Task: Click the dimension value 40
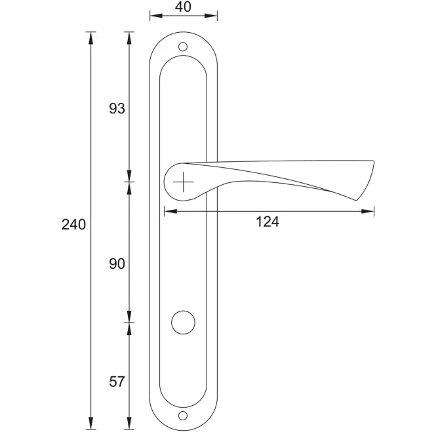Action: (x=183, y=7)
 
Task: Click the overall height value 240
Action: (x=73, y=224)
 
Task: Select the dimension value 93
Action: (x=117, y=108)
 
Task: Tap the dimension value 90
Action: (x=117, y=264)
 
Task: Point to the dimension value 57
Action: (x=117, y=382)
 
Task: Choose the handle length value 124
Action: (x=268, y=222)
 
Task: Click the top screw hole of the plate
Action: (x=183, y=47)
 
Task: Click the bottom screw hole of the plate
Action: (x=183, y=416)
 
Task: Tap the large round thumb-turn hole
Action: (x=183, y=323)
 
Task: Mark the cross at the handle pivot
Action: (x=183, y=182)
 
